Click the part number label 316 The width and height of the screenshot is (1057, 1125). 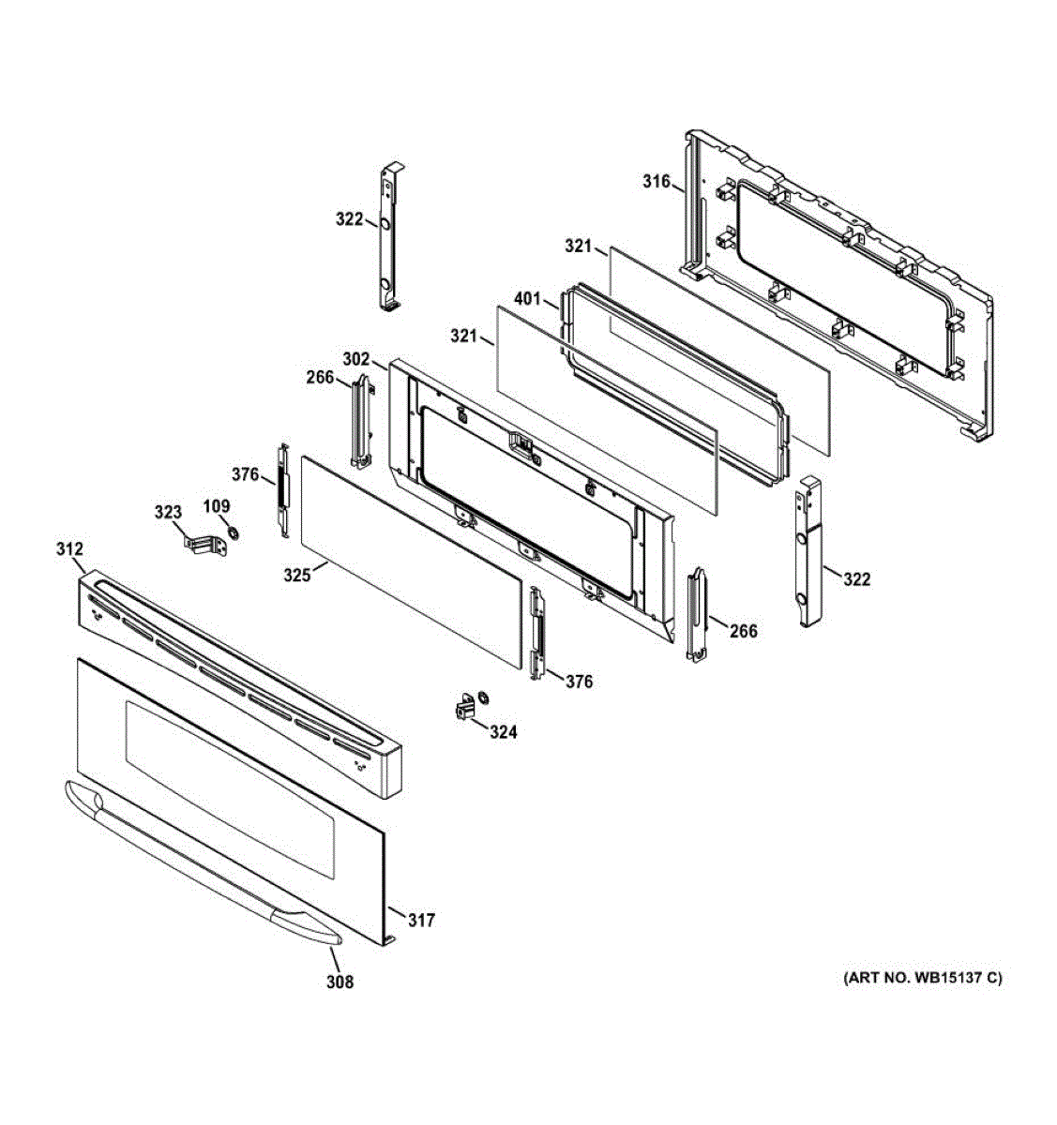point(656,181)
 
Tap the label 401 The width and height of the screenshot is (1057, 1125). point(528,300)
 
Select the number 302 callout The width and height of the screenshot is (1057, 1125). point(356,358)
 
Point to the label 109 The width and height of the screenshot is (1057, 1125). point(217,506)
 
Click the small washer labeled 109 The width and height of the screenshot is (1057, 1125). point(233,534)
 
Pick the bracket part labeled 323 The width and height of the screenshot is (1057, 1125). point(205,544)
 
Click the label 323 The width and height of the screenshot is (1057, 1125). point(168,512)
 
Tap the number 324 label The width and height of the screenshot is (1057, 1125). point(503,732)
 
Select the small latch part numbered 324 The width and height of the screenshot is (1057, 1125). point(463,707)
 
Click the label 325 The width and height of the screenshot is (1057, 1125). point(297,576)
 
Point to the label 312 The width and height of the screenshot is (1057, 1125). point(69,548)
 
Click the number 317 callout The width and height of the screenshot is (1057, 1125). point(422,921)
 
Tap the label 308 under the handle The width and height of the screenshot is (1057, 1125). point(340,982)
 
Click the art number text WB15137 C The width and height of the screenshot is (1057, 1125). point(923,979)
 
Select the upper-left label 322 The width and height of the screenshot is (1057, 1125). point(349,219)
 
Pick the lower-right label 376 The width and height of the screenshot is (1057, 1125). point(579,682)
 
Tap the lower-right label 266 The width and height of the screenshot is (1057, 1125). point(744,631)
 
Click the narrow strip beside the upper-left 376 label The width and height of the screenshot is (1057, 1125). point(282,489)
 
